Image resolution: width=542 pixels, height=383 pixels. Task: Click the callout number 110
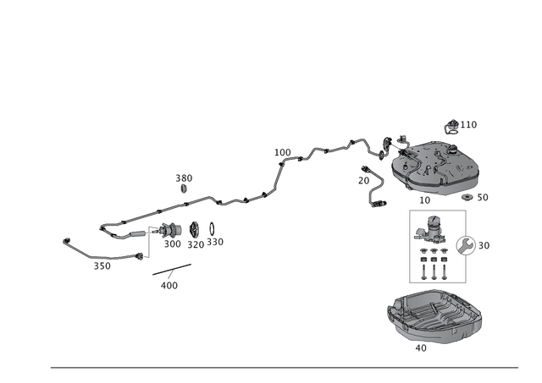(468, 124)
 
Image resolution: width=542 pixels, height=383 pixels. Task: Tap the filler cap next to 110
(452, 127)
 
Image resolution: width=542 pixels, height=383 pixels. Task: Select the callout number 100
(283, 152)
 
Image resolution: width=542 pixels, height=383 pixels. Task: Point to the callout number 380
(184, 178)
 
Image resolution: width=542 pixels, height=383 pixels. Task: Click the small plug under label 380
(184, 189)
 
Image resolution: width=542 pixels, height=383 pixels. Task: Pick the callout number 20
(363, 180)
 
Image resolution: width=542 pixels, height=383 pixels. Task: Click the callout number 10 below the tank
(424, 200)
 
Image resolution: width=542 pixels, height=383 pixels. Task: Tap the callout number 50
(483, 197)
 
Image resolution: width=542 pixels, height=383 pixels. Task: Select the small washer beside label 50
(467, 197)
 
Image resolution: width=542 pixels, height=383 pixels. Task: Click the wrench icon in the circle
(465, 246)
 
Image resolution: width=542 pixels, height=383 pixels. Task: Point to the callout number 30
(484, 246)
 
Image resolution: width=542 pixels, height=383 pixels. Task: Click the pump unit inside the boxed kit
(430, 229)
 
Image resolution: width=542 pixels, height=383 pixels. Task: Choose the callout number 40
(421, 348)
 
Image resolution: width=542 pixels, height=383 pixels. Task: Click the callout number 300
(173, 244)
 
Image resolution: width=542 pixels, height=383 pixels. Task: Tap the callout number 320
(196, 244)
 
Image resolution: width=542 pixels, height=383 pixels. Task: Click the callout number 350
(102, 266)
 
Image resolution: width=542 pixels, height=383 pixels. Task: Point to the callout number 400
(169, 286)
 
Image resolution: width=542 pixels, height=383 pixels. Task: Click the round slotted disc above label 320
(195, 229)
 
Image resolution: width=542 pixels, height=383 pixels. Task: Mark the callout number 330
(215, 242)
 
